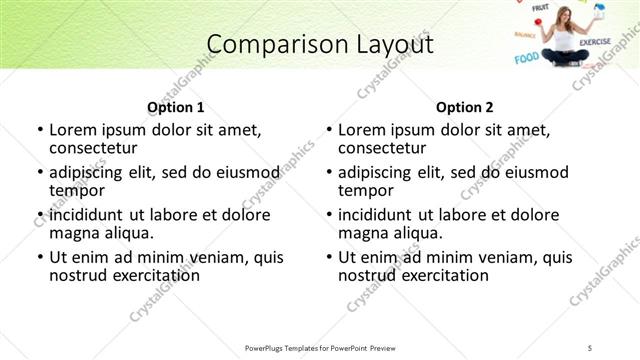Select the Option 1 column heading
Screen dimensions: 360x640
pyautogui.click(x=176, y=107)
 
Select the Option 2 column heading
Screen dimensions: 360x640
pyautogui.click(x=465, y=107)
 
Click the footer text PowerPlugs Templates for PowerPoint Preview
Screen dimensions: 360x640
pyautogui.click(x=320, y=347)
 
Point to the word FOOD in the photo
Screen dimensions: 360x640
pyautogui.click(x=526, y=59)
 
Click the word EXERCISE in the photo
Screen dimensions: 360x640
pyautogui.click(x=594, y=42)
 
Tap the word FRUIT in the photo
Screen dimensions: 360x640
pyautogui.click(x=541, y=8)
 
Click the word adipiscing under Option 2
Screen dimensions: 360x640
pyautogui.click(x=374, y=172)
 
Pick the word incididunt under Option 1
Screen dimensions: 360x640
pyautogui.click(x=86, y=214)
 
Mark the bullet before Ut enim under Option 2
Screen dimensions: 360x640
pyautogui.click(x=329, y=257)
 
